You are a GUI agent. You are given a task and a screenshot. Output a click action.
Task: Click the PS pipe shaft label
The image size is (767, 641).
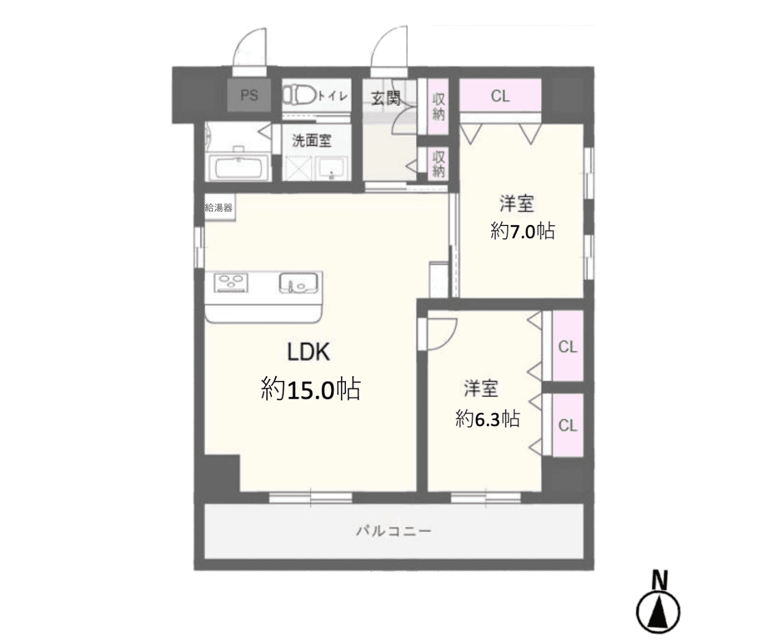pyautogui.click(x=249, y=96)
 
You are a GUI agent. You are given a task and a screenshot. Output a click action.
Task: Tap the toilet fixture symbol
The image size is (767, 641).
pyautogui.click(x=300, y=95)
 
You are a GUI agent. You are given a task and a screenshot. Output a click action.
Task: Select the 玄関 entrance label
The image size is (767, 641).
pyautogui.click(x=386, y=98)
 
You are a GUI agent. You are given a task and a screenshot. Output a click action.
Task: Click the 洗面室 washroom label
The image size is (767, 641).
pyautogui.click(x=311, y=141)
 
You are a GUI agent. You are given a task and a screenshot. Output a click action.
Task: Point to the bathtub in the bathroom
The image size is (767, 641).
pyautogui.click(x=239, y=168)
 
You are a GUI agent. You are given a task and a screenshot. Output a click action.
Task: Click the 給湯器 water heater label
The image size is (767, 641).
pyautogui.click(x=218, y=208)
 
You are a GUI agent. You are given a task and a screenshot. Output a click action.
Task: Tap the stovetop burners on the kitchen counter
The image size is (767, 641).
pyautogui.click(x=231, y=283)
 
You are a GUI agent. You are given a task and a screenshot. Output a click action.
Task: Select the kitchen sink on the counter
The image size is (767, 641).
pyautogui.click(x=298, y=283)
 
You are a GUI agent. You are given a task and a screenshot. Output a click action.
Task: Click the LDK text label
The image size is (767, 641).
pyautogui.click(x=308, y=352)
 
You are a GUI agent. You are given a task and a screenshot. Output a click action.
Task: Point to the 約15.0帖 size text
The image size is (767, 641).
pyautogui.click(x=311, y=389)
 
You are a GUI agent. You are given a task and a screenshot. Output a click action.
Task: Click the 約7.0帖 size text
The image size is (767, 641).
pyautogui.click(x=523, y=231)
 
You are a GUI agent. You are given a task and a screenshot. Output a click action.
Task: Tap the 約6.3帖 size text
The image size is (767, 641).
pyautogui.click(x=488, y=418)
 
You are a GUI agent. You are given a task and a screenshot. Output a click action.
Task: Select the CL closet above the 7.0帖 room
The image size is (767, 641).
pyautogui.click(x=500, y=96)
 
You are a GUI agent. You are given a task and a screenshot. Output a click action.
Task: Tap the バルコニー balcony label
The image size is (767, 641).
pyautogui.click(x=393, y=531)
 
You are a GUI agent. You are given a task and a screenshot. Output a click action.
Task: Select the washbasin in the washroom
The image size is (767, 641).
pyautogui.click(x=332, y=169)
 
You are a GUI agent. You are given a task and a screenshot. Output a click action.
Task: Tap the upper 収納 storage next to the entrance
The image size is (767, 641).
pyautogui.click(x=438, y=107)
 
